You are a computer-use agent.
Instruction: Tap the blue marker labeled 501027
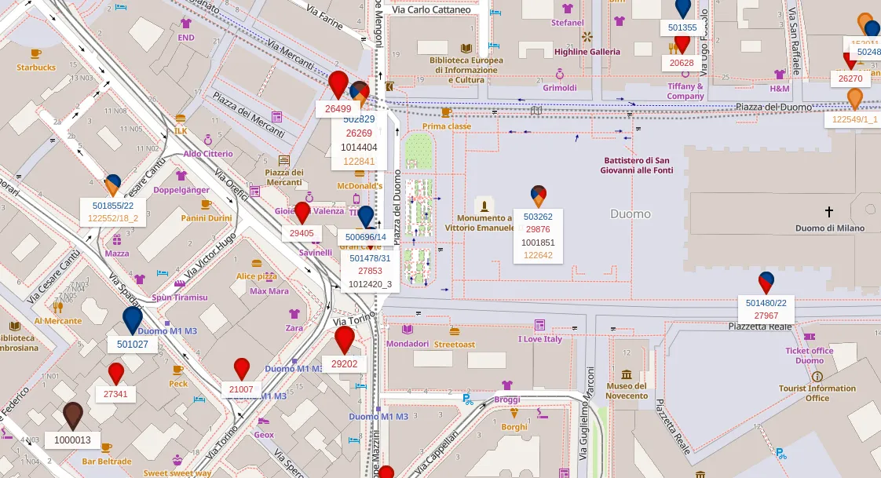tap(133, 319)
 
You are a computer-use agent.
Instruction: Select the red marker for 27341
tap(116, 373)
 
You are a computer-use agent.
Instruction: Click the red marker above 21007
tap(242, 368)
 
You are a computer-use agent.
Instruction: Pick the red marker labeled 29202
tap(345, 338)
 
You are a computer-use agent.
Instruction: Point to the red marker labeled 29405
tap(302, 213)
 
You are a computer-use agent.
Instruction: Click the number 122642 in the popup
tap(538, 255)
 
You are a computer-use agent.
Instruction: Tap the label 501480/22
tap(766, 303)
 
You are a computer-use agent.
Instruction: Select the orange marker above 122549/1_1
tap(855, 98)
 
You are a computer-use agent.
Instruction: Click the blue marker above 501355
tap(683, 7)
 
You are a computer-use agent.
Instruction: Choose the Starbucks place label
tap(36, 68)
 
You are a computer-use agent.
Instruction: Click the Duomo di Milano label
tap(829, 228)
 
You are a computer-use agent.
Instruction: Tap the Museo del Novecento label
tap(627, 391)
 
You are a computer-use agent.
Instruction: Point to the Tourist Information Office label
tap(817, 393)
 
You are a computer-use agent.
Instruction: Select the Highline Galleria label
tap(587, 52)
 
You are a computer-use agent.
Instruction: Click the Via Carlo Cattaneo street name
tap(432, 10)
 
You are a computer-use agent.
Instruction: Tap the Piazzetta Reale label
tap(756, 326)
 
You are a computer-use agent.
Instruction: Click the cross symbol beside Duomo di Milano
tap(828, 211)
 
